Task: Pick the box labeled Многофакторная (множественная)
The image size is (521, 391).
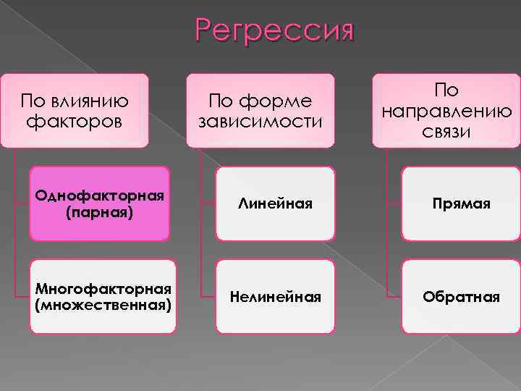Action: point(103,296)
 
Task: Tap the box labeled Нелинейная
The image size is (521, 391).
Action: point(275,296)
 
